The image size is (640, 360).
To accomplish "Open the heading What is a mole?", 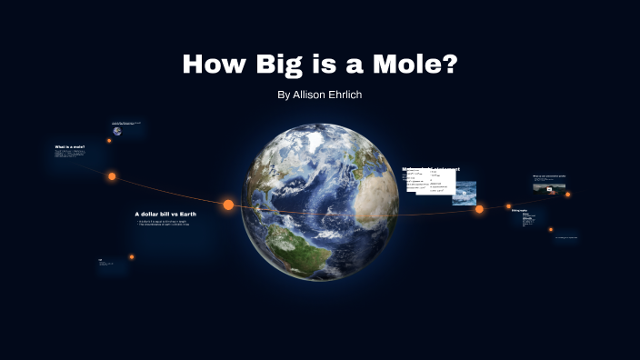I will [x=70, y=146].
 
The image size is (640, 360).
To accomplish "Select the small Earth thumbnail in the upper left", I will [x=117, y=130].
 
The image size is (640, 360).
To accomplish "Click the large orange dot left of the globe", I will [x=228, y=205].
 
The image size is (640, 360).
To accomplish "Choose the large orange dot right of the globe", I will [x=479, y=209].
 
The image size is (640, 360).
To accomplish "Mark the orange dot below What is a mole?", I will [x=113, y=176].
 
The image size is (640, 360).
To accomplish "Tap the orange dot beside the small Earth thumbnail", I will [x=109, y=141].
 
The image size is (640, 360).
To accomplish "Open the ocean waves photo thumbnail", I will [x=465, y=192].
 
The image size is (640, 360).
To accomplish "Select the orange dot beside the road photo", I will [x=567, y=194].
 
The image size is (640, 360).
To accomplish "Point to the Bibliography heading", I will [x=519, y=211].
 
